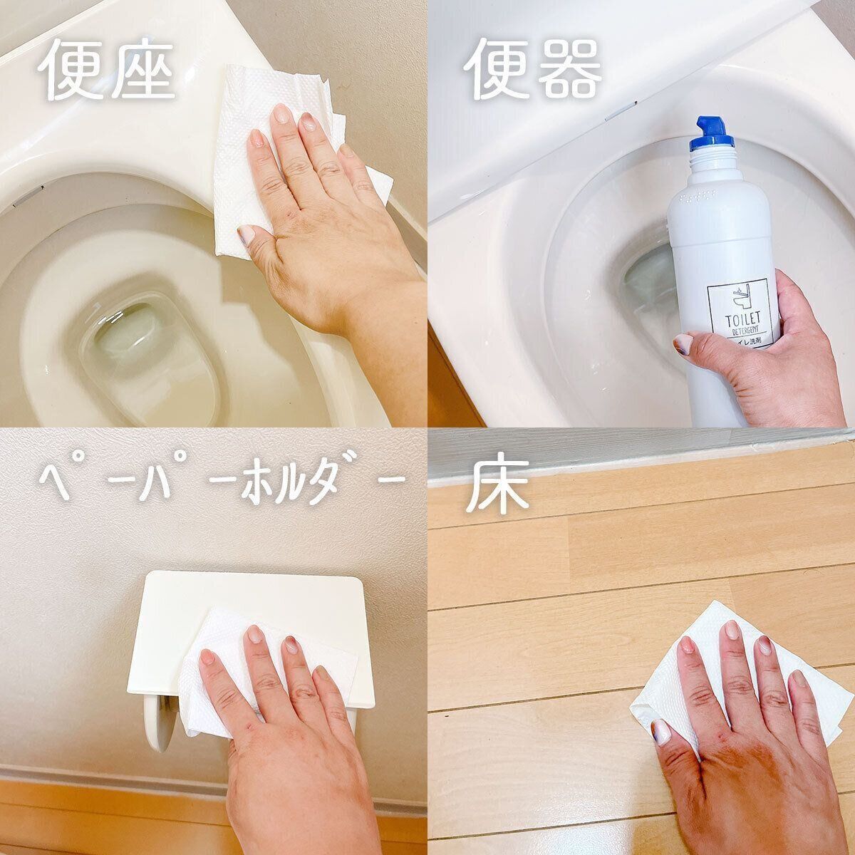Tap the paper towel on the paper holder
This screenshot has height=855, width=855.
pos(214,684)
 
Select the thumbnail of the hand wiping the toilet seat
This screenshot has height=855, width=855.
pos(245,234)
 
